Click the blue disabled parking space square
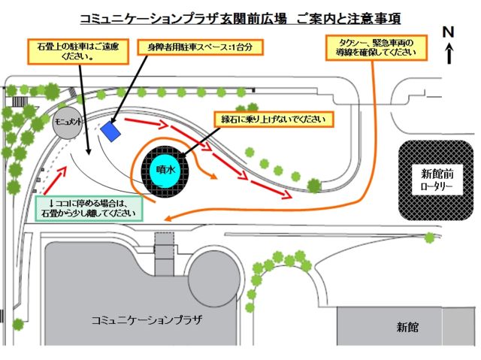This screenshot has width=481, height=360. coord(111,132)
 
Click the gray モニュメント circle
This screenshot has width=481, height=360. coord(67,123)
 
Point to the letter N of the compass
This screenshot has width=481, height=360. coord(448,32)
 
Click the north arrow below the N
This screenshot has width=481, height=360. coord(448,53)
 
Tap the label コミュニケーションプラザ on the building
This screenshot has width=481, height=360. coord(146,319)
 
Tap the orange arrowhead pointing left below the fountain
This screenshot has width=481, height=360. coord(169,219)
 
